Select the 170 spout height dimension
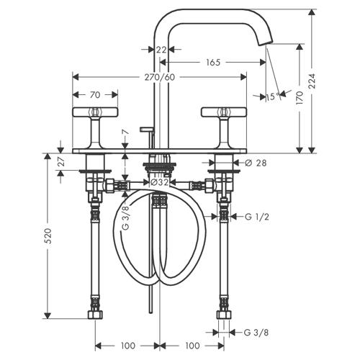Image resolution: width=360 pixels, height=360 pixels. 300,97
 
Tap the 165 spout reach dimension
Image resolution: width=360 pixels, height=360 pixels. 213,63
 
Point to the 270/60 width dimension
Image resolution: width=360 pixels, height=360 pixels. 160,77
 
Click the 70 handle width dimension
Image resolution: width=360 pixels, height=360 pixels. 95,95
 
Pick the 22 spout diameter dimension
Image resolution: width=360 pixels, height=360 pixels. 161,50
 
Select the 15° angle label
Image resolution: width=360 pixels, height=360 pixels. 273,96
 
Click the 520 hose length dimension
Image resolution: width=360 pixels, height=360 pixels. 48,236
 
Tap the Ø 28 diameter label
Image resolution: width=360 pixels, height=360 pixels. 256,163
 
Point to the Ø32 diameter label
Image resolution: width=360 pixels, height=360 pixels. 159,182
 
